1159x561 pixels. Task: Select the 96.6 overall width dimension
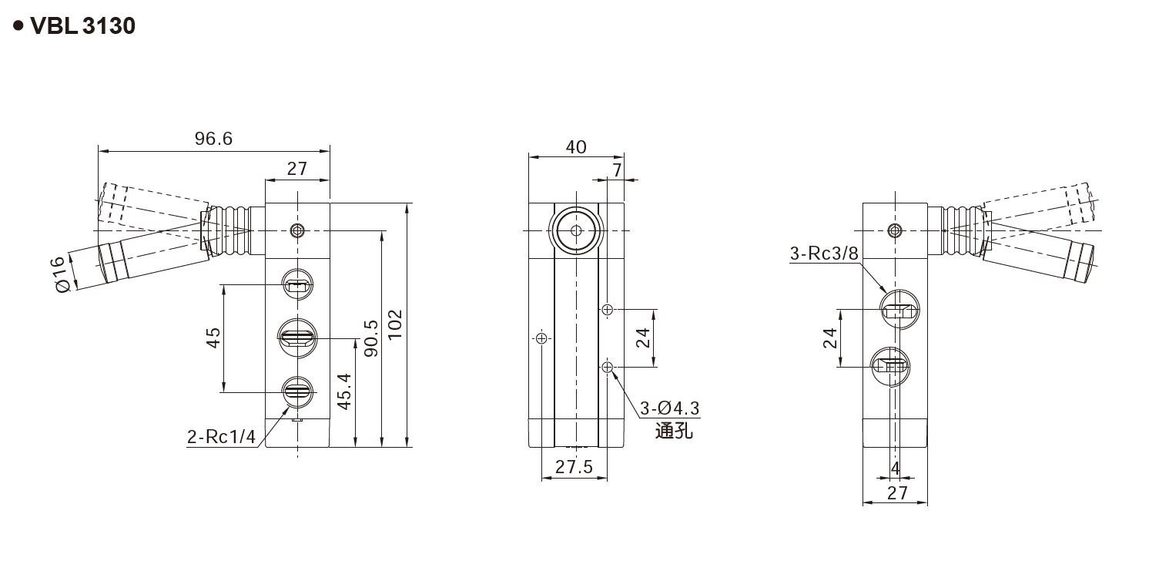213,139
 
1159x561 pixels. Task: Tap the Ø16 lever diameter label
62,274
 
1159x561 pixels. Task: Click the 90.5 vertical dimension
370,338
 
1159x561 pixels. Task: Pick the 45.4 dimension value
344,391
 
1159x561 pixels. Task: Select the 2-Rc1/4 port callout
221,437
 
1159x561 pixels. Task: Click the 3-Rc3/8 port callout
823,254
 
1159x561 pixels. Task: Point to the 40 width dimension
575,146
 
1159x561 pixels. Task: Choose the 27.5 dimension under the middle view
574,467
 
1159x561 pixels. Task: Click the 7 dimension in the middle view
616,169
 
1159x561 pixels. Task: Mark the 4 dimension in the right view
895,468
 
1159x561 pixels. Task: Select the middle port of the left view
296,337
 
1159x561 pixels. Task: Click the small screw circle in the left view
297,230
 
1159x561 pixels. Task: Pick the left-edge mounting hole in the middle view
542,338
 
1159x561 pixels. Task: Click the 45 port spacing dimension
213,338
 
